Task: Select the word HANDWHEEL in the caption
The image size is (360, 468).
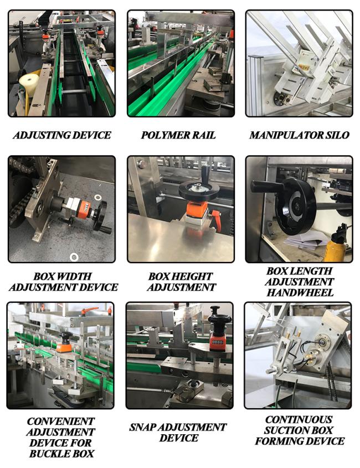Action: (300, 292)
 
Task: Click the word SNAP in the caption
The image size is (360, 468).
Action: (142, 427)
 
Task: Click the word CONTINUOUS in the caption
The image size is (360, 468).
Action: (299, 419)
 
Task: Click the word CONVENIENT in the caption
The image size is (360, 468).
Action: (60, 421)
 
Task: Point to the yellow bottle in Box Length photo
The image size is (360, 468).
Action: (336, 245)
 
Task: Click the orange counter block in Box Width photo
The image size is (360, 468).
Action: (84, 207)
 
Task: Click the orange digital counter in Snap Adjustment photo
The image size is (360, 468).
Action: (218, 341)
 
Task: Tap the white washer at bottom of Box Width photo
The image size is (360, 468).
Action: (74, 256)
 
